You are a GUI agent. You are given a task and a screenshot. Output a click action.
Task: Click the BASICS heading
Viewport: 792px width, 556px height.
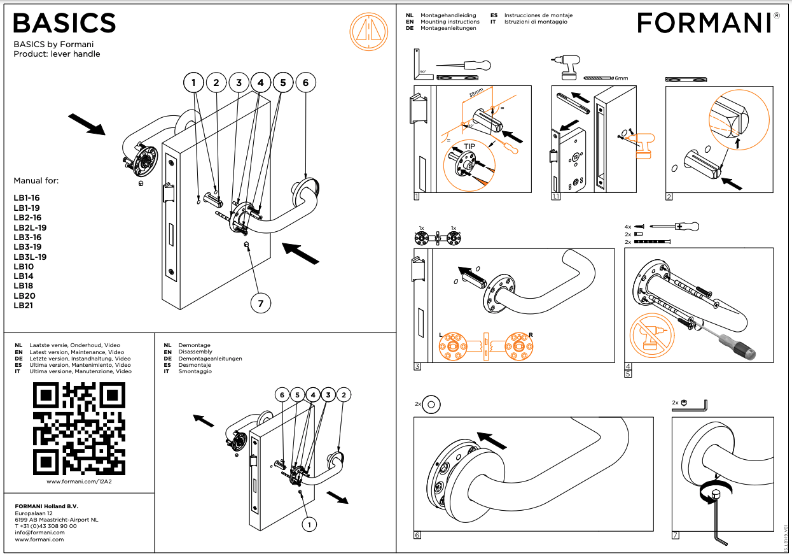pos(64,24)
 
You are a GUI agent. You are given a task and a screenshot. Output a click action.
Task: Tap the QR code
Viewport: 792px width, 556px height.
pos(79,428)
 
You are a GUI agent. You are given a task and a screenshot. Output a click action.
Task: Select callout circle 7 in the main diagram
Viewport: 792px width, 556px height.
pos(260,304)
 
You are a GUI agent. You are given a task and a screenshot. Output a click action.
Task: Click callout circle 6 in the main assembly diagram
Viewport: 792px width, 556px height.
pos(305,82)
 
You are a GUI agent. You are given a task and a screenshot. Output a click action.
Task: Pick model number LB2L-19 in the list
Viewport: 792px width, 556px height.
pos(30,227)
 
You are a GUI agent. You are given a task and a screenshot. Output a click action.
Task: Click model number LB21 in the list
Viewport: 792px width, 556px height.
pos(24,306)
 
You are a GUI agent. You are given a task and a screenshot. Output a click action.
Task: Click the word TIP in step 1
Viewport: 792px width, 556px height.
pos(469,146)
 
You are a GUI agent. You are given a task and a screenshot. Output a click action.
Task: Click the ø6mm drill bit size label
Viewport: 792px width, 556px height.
pos(619,78)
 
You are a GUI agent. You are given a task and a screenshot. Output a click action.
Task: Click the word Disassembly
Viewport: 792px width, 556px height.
pos(195,352)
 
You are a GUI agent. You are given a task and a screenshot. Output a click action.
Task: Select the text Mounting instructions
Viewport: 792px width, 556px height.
pos(450,22)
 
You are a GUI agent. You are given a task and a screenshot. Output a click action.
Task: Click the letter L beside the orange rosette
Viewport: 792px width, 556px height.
pos(440,335)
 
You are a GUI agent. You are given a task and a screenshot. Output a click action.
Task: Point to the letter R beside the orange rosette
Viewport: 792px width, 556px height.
pos(531,335)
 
